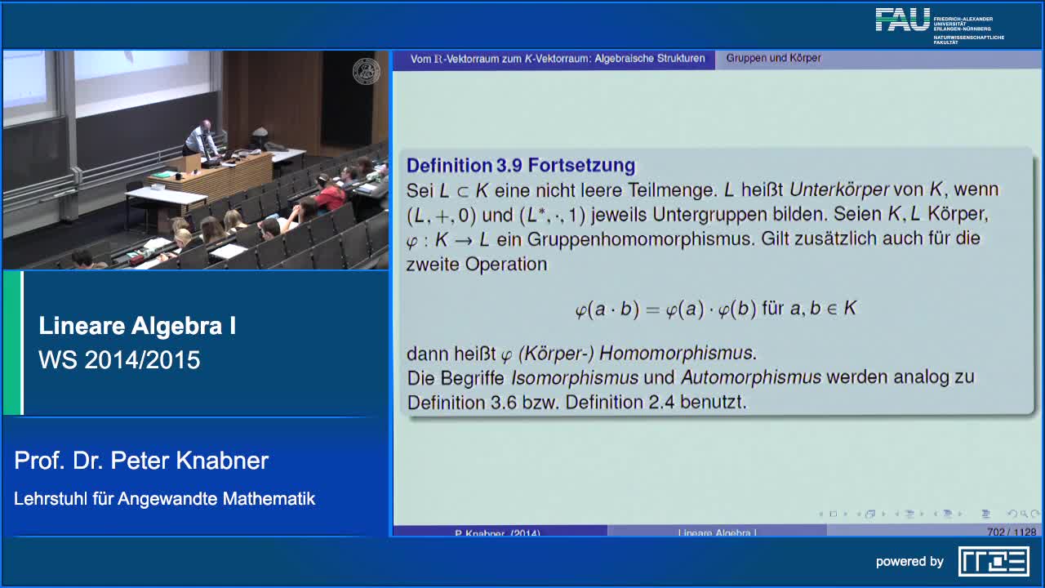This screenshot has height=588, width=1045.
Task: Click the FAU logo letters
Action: point(902,20)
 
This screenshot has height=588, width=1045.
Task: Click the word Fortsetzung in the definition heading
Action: point(581,165)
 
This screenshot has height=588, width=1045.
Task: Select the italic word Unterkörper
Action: point(838,189)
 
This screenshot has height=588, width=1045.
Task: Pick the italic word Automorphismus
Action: point(751,377)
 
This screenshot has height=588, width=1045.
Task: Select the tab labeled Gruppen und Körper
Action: point(773,59)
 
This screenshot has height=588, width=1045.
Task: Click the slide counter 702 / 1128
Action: point(1011,532)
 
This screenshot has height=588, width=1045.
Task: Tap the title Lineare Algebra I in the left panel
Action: point(137,326)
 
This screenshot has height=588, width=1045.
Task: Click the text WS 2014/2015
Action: point(119,360)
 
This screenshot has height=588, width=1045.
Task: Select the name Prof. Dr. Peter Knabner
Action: point(141,461)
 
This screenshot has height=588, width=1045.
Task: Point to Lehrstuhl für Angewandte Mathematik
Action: point(164,498)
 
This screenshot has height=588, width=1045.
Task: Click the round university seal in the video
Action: point(366,72)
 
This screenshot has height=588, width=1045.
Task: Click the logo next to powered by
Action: point(993,561)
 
